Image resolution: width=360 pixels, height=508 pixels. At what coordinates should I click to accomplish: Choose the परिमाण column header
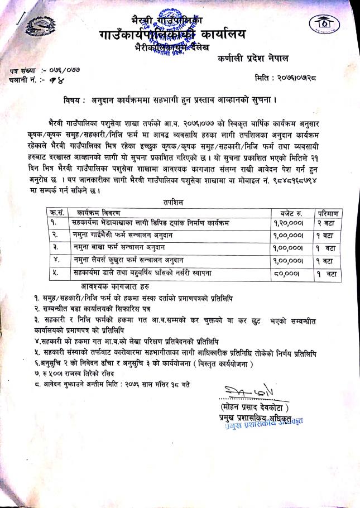(328, 212)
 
